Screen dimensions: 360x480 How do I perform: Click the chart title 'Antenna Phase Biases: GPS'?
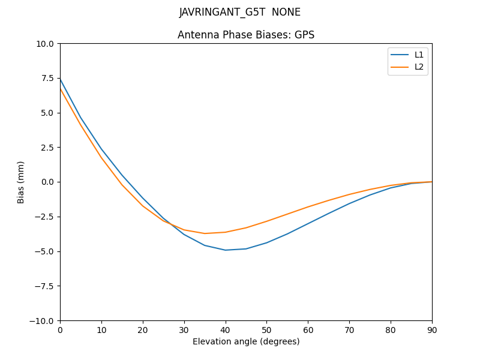(246, 35)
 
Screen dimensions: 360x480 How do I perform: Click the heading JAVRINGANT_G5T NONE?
(240, 12)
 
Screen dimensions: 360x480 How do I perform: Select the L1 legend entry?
(419, 55)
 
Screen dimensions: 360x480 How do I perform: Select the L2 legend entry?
(419, 67)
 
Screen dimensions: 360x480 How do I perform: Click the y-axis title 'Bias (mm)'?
(21, 182)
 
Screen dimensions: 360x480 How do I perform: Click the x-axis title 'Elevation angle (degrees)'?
(246, 341)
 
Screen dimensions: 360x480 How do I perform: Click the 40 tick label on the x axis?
(226, 329)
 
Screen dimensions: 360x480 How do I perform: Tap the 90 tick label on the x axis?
(432, 329)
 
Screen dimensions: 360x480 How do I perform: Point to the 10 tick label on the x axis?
(101, 329)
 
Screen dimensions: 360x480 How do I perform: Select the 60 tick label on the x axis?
(308, 329)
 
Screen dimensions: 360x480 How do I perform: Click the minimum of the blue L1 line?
(226, 250)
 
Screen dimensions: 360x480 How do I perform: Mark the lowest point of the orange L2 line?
(205, 233)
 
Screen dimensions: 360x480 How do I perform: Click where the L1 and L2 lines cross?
(170, 224)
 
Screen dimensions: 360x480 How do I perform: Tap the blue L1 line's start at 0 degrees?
(60, 79)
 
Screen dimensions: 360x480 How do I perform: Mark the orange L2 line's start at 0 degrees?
(60, 89)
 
